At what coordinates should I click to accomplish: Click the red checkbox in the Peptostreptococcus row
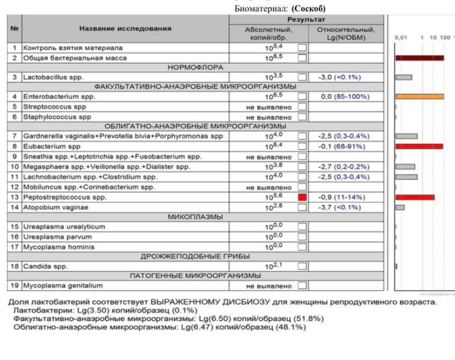point(301,197)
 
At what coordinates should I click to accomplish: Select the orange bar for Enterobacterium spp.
point(420,97)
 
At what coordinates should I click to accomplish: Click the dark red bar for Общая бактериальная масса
point(420,58)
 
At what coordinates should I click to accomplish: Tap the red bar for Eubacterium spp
point(419,146)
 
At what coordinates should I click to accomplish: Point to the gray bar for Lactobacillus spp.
point(404,78)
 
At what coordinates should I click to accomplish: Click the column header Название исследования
point(125,28)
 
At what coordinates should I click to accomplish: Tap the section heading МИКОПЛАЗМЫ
point(196,217)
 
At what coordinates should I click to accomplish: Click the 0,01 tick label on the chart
point(402,38)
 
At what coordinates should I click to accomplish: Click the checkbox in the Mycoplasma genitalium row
point(301,286)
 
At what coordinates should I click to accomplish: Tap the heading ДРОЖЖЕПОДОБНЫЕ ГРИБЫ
point(196,257)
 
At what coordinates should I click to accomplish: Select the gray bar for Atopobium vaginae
point(400,207)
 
